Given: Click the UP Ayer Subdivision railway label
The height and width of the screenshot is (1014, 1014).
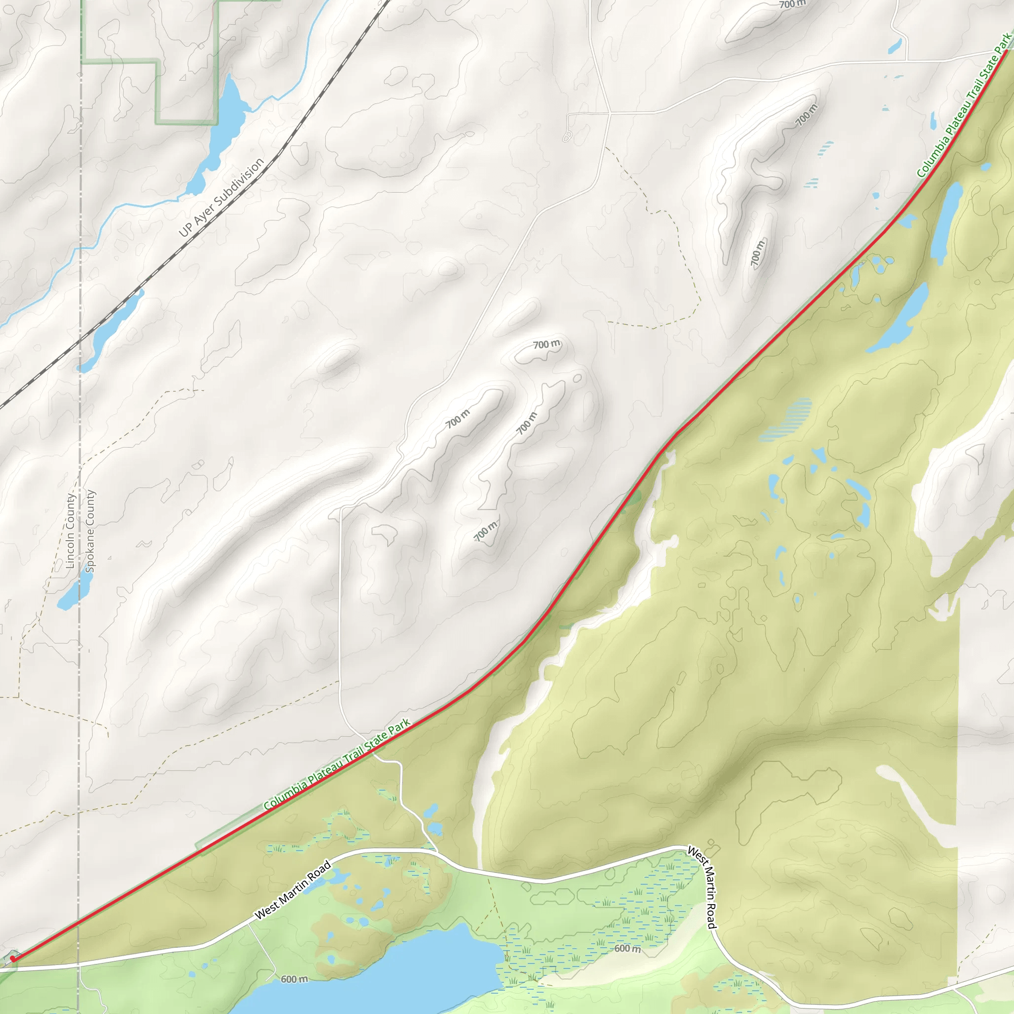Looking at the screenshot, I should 221,198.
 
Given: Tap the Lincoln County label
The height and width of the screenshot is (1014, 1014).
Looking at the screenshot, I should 70,531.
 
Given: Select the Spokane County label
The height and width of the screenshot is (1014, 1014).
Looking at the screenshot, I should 90,531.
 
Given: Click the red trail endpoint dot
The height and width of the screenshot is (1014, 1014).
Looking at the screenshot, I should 12,959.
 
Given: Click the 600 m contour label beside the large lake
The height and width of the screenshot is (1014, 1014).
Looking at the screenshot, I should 294,979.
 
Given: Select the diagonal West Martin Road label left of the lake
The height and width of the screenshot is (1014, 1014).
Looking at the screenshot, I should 293,890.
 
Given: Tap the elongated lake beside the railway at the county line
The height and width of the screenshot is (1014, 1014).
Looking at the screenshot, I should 110,331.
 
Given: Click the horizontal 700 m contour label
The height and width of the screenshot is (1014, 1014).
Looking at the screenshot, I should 547,344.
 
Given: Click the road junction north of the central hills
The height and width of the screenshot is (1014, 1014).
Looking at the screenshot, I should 609,112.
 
